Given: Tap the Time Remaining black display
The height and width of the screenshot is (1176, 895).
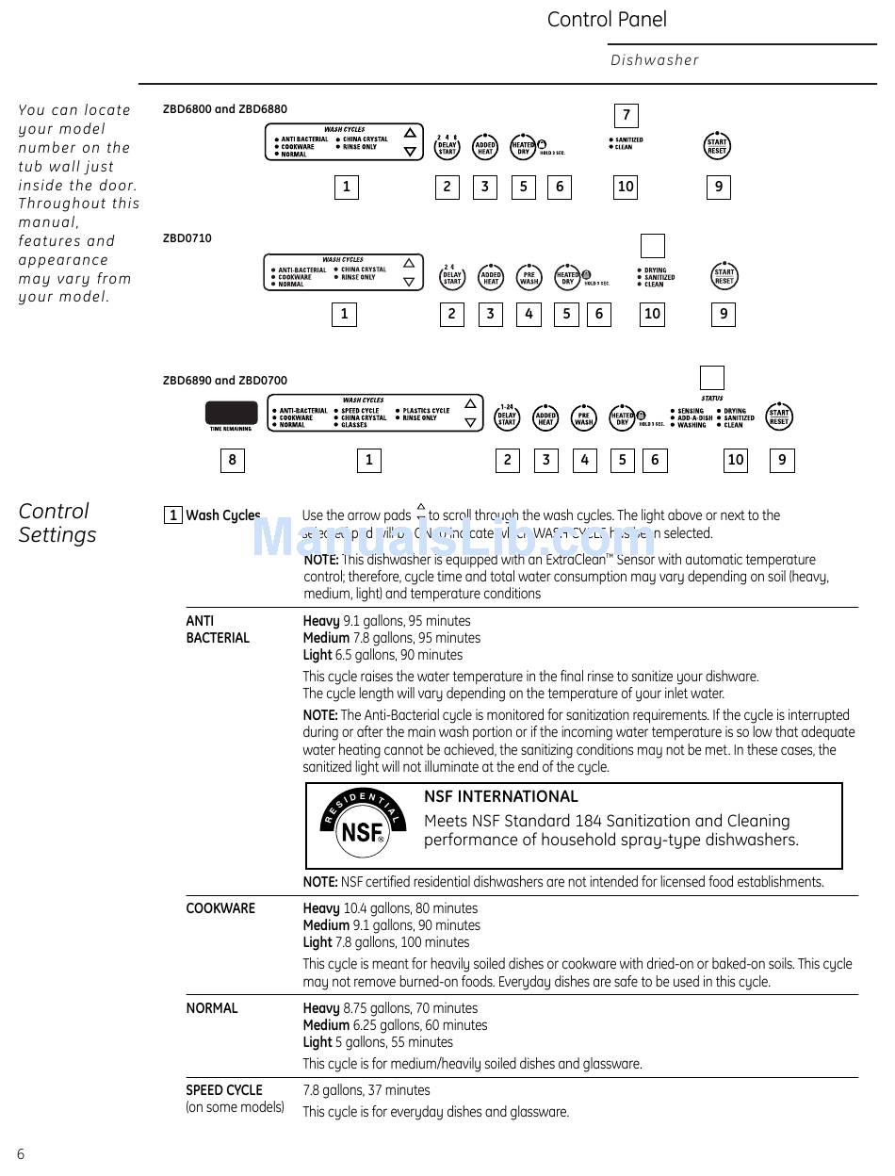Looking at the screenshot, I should point(231,414).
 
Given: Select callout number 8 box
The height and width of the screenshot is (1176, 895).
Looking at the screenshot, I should point(232,460).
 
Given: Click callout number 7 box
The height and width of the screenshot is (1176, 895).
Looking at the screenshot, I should point(626,116).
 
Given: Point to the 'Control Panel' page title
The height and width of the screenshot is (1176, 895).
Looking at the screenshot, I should point(607,20).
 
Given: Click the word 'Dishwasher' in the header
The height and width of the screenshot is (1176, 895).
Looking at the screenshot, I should point(655,60).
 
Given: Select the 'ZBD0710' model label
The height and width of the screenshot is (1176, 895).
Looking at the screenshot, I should point(187,238).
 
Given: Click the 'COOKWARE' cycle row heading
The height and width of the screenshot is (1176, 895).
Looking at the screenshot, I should point(220,908).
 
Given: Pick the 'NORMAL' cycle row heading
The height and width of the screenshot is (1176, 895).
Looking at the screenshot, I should point(212,1008).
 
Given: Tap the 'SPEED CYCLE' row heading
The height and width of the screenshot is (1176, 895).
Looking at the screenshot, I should point(224,1090).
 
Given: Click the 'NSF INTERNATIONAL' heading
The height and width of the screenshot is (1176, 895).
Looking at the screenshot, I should point(500,796).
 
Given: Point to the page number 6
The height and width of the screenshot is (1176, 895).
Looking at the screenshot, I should point(21,1154).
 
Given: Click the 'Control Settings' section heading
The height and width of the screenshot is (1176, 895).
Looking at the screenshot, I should point(57,523).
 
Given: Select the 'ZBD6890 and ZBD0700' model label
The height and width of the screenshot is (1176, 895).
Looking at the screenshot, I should point(225,381).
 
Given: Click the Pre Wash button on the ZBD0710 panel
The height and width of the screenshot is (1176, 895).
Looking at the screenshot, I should point(529,277).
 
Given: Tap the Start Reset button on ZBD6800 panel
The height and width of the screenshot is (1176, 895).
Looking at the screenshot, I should point(717,147).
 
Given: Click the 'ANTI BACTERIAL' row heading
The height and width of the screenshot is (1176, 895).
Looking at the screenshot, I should point(218,629).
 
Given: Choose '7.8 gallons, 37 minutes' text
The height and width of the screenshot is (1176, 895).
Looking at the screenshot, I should point(366,1090).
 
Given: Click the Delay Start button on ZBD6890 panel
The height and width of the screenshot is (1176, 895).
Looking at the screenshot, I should point(507,417).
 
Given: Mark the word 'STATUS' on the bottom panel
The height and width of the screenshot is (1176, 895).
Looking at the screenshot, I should point(712,399).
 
